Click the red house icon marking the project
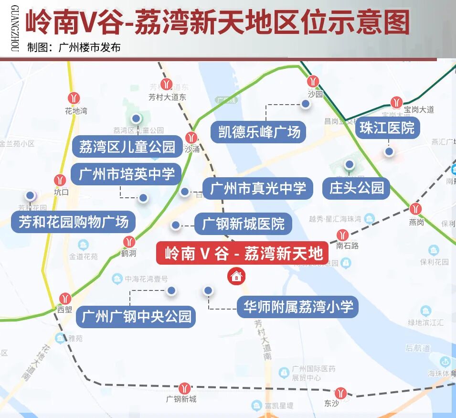pos(236,276)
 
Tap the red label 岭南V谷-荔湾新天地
pos(242,253)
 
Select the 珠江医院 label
pos(387,128)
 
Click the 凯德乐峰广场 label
pos(258,131)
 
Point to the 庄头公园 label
pos(356,187)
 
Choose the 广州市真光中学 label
pos(257,188)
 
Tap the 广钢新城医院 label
pos(243,223)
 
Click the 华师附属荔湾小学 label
pos(298,306)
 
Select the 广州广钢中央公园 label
pos(136,316)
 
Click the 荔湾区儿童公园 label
pos(127,146)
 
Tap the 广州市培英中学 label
pos(127,174)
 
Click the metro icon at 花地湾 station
pos(74,98)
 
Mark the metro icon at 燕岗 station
pos(415,209)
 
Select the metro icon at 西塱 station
pos(65,299)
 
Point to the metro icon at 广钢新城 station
pos(184,387)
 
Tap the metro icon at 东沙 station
pos(340,392)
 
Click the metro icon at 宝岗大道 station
pos(396,102)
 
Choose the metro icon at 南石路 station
pos(342,235)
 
